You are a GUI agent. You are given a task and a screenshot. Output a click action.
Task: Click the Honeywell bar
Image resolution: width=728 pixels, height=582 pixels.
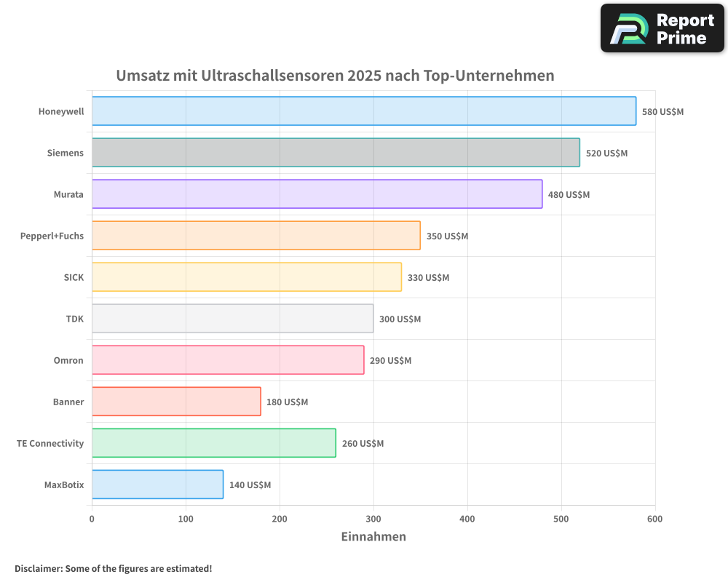tap(364, 111)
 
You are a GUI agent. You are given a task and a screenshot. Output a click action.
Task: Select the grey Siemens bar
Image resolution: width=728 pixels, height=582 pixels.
tap(336, 153)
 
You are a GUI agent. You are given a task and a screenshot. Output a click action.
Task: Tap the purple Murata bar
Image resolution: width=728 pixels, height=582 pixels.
tap(317, 194)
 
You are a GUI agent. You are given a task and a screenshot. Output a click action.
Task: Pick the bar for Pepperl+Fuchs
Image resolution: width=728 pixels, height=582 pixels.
tap(256, 236)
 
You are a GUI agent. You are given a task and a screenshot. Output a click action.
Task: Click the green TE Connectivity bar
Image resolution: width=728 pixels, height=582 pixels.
tap(214, 443)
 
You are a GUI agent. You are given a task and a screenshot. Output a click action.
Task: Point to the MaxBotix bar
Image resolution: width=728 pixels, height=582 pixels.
tap(157, 485)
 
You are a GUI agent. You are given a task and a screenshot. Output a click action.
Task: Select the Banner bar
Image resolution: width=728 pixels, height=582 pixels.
tap(176, 402)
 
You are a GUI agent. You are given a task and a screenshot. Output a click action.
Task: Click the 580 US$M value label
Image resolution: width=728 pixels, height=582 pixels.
tap(662, 112)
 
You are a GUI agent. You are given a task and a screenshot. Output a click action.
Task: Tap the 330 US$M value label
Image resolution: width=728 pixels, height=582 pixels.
tap(428, 278)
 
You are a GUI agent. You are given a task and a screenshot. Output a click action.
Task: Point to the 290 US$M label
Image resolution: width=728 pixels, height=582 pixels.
tap(390, 361)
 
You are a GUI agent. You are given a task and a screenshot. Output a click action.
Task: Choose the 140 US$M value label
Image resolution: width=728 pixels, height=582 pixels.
tap(250, 485)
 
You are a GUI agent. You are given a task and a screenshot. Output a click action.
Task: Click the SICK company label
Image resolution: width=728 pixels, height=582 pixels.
tap(74, 277)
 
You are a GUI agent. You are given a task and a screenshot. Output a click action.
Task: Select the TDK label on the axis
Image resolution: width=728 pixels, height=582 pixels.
tap(74, 319)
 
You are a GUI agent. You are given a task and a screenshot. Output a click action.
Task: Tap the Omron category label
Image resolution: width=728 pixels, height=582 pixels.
tap(68, 360)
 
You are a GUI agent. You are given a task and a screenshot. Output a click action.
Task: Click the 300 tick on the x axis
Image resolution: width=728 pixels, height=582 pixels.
tap(373, 519)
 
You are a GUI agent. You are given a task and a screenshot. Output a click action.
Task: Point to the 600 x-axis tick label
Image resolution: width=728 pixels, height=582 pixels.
tap(654, 519)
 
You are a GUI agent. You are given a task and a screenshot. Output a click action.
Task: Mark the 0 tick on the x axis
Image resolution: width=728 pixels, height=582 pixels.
tap(92, 519)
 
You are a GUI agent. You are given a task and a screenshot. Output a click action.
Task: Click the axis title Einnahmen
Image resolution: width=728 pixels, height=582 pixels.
tap(373, 537)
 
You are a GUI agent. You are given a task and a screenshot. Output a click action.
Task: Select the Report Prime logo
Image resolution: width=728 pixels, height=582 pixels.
tap(662, 28)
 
